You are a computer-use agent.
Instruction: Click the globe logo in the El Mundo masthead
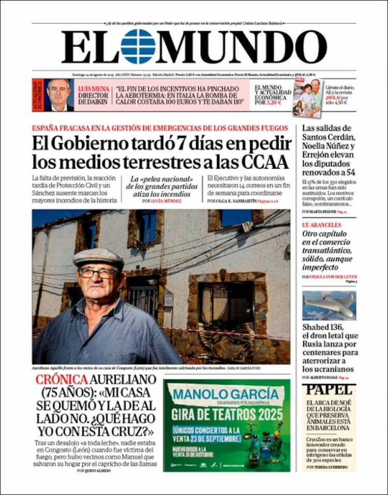tap(138, 47)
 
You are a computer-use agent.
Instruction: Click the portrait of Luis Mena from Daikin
tap(59, 95)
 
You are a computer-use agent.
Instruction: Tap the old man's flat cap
tap(98, 257)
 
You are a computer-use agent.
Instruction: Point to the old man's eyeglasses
tap(98, 273)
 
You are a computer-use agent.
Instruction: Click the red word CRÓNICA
tap(62, 380)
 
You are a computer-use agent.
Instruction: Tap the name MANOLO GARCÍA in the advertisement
tap(226, 395)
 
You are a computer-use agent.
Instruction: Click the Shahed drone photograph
tap(329, 305)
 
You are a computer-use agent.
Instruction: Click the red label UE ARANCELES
tap(321, 225)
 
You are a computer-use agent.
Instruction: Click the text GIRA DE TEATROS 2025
tap(227, 414)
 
